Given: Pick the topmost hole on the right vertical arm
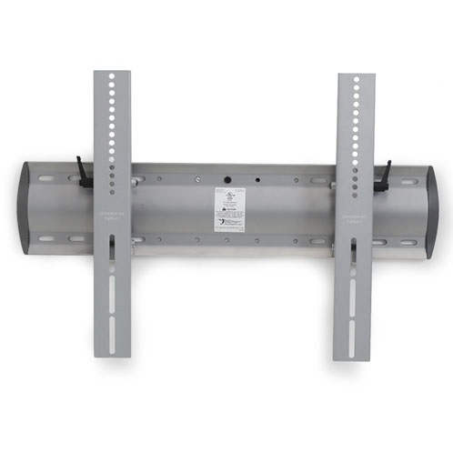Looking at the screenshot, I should [x=356, y=82].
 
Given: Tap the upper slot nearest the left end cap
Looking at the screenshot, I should [x=74, y=178].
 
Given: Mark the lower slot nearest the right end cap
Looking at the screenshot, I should [x=397, y=243].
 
